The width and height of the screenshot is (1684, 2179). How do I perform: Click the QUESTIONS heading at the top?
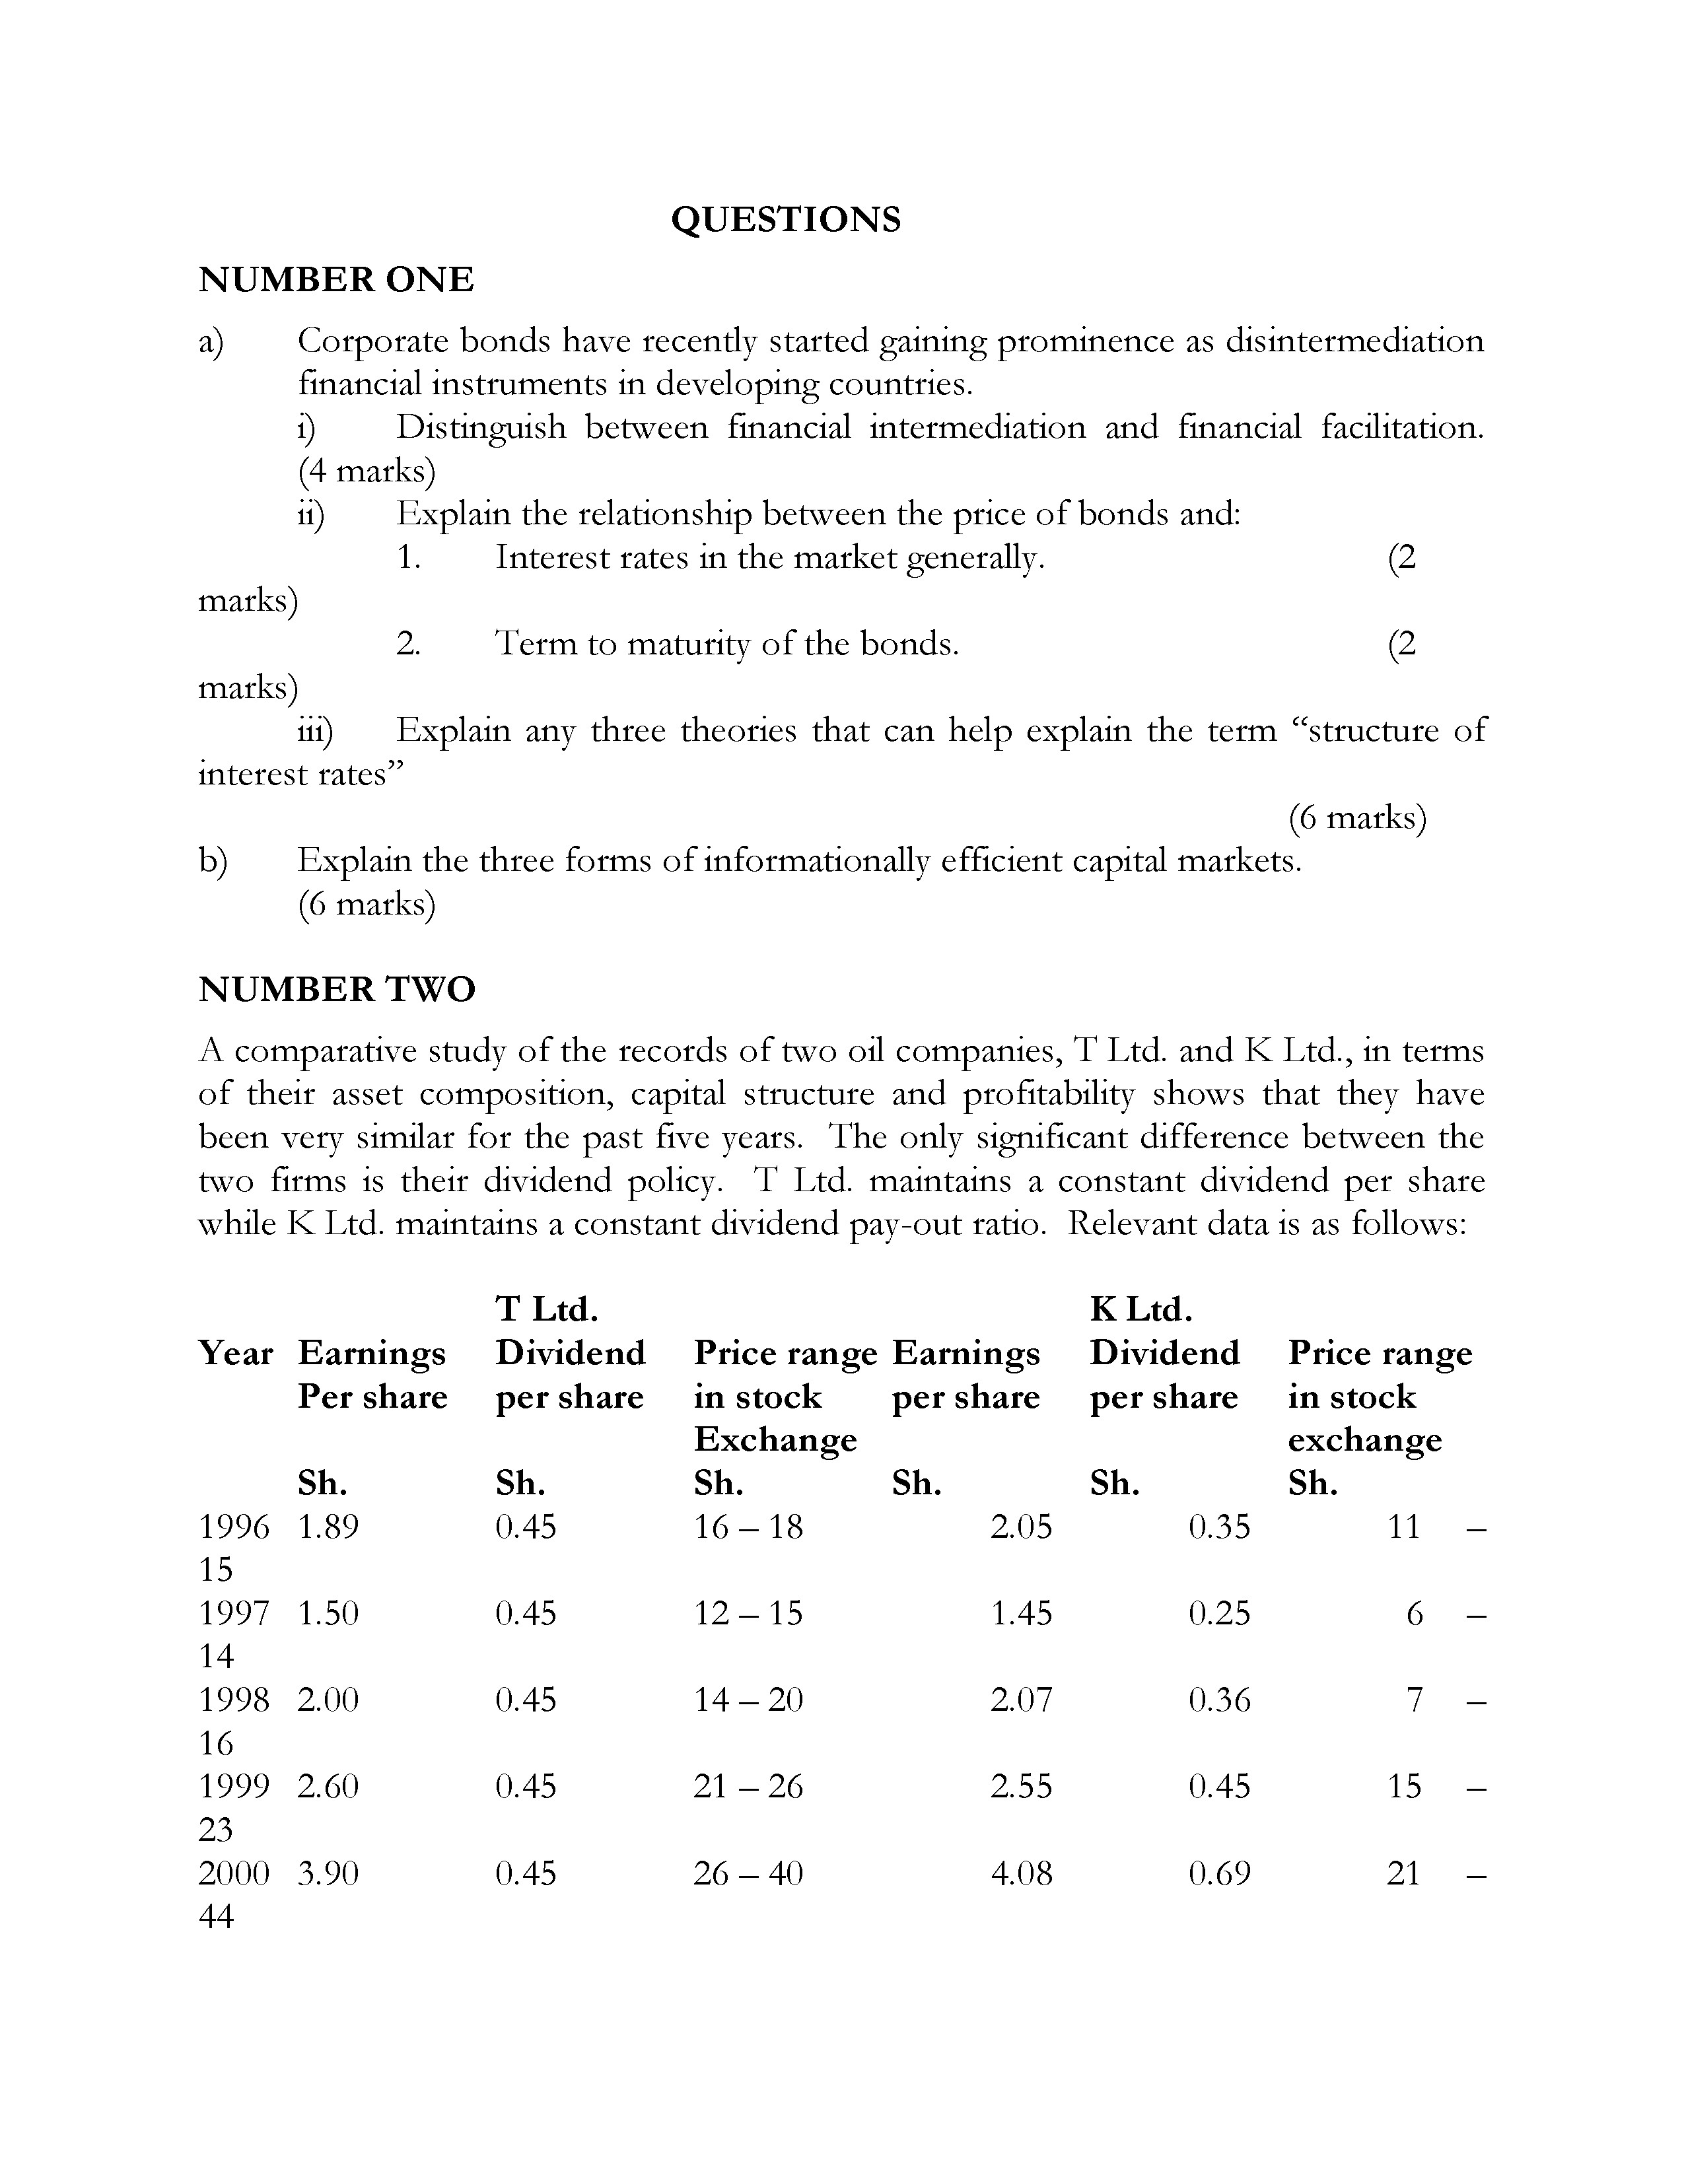pyautogui.click(x=785, y=219)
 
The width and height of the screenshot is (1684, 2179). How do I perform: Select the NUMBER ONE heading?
pyautogui.click(x=336, y=281)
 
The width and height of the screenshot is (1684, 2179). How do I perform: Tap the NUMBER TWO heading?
pyautogui.click(x=337, y=990)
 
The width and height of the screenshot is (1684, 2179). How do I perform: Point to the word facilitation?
pyautogui.click(x=1401, y=428)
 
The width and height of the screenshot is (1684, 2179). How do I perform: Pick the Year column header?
pyautogui.click(x=236, y=1354)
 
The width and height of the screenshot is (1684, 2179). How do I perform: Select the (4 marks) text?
pyautogui.click(x=366, y=471)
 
